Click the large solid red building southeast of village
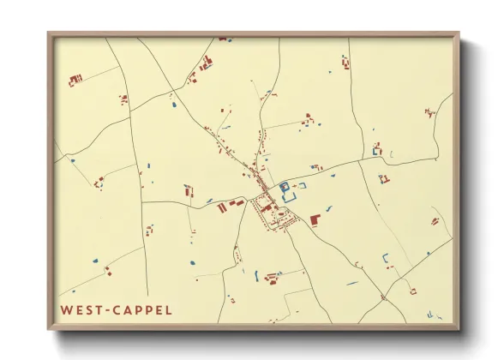315,220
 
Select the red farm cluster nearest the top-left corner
75,80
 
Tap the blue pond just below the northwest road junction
174,105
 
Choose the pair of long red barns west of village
226,206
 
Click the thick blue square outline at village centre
284,186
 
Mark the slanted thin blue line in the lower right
351,283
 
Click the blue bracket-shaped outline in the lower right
386,256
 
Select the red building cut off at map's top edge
224,39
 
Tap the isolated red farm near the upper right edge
429,111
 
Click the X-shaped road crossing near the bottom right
383,297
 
